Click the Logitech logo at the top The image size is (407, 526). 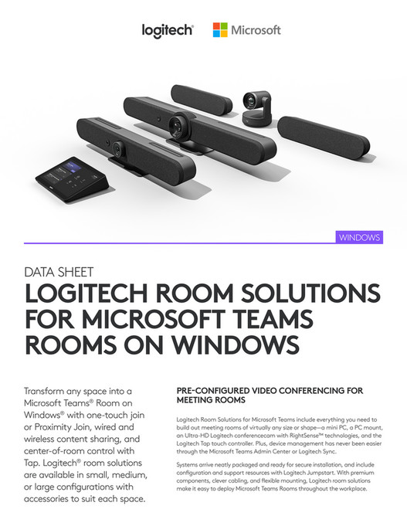(167, 30)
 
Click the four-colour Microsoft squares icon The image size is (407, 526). (220, 30)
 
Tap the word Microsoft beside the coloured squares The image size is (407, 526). (256, 30)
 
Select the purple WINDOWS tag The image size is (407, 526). (359, 237)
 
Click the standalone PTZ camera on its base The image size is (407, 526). (256, 106)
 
